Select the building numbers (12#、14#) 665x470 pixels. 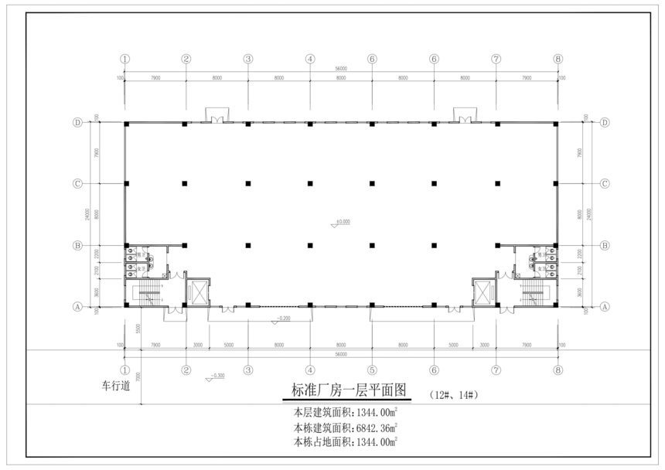click(455, 394)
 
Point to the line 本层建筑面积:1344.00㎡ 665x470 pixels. click(346, 412)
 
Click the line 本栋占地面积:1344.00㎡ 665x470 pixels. click(346, 441)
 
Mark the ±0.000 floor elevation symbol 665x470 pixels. click(339, 222)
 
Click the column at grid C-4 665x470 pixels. click(310, 183)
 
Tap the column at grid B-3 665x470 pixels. click(248, 245)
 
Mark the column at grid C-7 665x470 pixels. click(496, 183)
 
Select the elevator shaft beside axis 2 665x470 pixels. click(198, 292)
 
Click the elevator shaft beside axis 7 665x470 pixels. click(484, 292)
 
